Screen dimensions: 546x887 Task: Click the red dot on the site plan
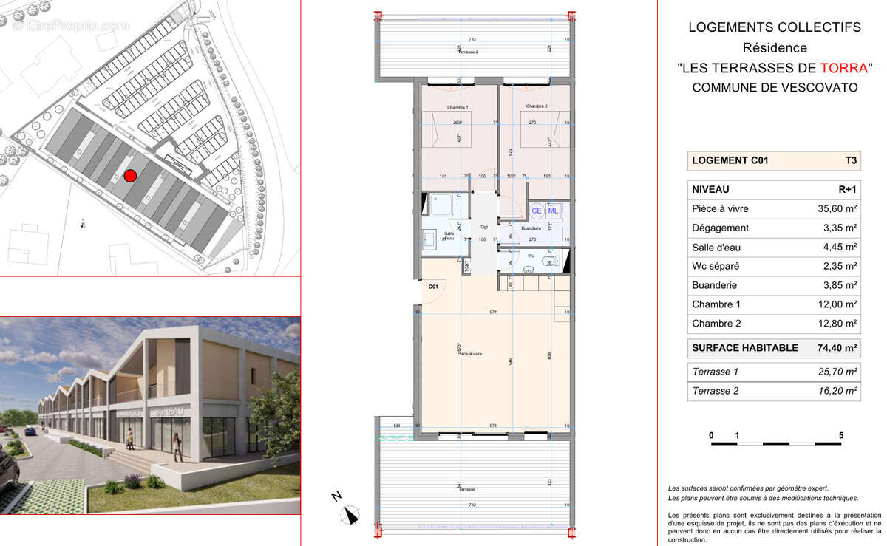pos(130,175)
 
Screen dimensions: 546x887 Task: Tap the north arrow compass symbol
pos(350,513)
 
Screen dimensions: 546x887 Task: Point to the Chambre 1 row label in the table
pos(716,304)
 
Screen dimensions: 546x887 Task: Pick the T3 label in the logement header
pos(850,160)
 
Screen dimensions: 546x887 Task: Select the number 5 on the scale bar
pos(841,436)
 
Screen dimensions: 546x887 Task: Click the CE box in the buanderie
pos(537,211)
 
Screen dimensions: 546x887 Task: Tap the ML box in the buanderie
pos(554,211)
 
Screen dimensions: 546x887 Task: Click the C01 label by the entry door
pos(433,286)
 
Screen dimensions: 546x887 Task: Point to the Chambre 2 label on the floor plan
pos(536,106)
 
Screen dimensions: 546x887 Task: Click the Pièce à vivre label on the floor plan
pos(469,354)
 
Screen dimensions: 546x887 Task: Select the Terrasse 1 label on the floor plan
pos(468,490)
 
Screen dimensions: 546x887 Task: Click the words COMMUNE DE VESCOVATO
pos(775,87)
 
